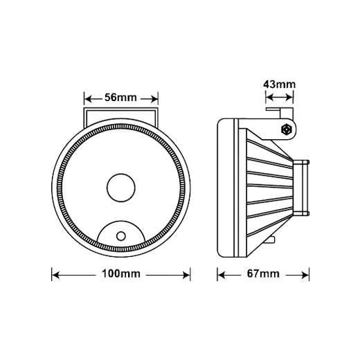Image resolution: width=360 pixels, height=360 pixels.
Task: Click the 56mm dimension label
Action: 120,98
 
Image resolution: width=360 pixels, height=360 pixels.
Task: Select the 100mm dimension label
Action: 121,274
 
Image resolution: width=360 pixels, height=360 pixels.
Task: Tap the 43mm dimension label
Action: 279,84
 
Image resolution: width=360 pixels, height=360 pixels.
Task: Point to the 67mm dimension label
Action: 263,274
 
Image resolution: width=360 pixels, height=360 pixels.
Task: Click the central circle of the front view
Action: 121,188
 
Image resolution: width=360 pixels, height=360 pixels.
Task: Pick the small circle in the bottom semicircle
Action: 121,236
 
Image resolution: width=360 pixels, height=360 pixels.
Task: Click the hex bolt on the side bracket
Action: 287,129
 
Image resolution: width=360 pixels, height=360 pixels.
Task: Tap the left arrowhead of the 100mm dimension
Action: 56,275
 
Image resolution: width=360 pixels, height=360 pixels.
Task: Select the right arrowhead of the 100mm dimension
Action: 186,275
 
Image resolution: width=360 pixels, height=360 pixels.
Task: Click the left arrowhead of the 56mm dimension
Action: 89,100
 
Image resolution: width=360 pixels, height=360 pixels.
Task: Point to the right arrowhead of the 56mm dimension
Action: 154,100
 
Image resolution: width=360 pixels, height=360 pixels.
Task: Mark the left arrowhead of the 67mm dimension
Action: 222,275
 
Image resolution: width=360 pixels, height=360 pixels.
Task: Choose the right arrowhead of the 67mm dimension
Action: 305,275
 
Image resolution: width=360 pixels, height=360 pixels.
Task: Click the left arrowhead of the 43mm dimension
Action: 270,98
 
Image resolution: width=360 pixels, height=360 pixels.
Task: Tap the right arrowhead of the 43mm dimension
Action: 289,98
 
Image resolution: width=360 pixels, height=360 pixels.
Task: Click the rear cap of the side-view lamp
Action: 301,188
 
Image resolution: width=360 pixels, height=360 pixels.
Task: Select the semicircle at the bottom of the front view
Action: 121,222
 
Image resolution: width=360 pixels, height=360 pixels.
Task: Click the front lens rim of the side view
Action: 226,188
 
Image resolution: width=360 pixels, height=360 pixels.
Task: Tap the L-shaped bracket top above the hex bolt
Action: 280,109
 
